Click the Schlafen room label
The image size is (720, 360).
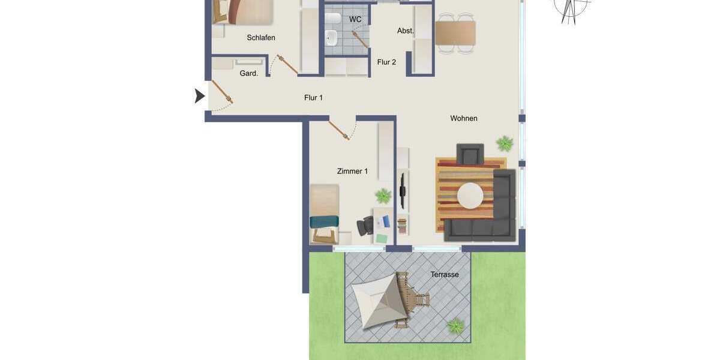point(261,38)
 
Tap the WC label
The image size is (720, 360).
point(355,19)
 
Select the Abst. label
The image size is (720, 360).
point(405,31)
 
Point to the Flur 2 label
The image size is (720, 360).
point(386,62)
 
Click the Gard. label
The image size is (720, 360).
point(248,73)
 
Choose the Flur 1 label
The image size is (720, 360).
point(313,97)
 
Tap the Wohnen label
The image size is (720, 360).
point(464,118)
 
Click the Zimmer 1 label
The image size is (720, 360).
point(352,171)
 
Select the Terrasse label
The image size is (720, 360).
point(445,274)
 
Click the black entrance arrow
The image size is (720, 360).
point(199,95)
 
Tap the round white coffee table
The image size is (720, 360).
point(470,195)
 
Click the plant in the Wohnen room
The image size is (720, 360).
point(505,143)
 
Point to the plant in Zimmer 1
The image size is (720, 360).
point(383,196)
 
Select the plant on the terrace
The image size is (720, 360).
point(455,326)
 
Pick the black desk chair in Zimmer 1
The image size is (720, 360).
point(365,226)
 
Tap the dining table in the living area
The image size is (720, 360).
point(455,33)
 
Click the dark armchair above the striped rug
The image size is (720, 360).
point(470,154)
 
